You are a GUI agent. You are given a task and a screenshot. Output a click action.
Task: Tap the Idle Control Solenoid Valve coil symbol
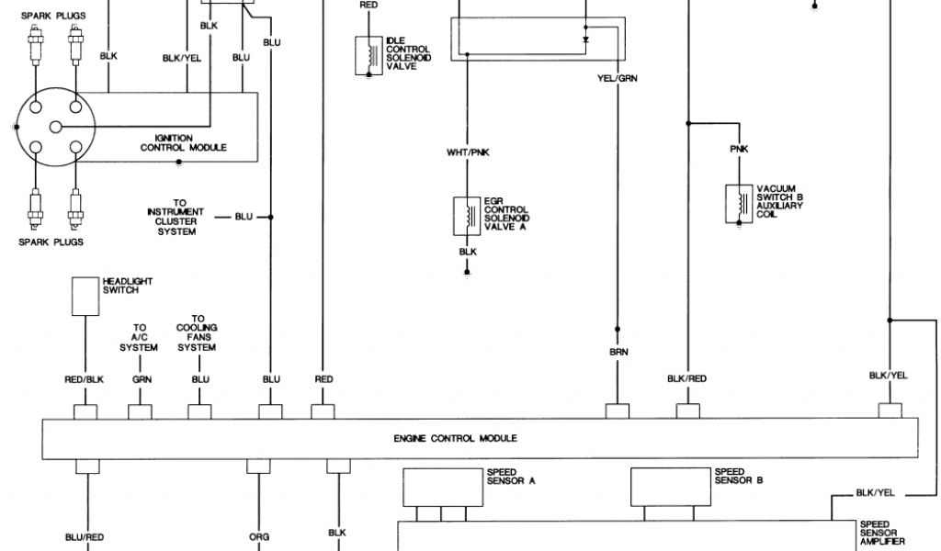369,54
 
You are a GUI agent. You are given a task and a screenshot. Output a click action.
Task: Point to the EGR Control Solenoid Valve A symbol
467,216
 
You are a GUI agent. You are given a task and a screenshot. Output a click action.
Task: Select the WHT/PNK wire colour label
467,152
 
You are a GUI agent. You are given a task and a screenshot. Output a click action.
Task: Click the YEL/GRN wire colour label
617,78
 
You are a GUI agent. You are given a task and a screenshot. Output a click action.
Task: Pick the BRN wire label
618,352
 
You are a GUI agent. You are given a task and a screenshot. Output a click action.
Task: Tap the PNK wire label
739,149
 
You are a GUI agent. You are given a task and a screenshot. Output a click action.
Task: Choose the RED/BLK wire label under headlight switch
85,378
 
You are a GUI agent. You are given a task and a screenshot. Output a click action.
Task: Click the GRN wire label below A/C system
141,378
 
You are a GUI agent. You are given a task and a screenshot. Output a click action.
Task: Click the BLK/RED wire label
686,378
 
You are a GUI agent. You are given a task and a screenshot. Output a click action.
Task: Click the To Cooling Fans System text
198,333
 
